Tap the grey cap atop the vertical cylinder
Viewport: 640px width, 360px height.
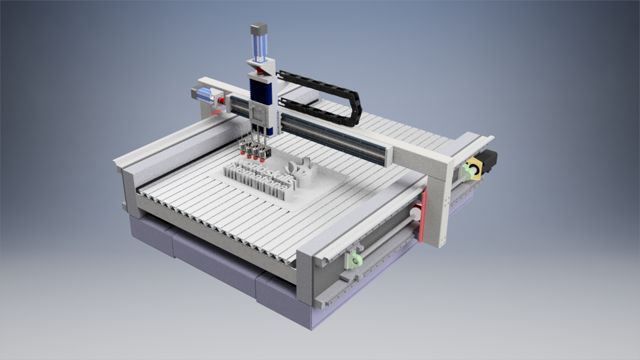click(x=259, y=29)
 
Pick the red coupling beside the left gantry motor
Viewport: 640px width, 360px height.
click(x=221, y=101)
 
